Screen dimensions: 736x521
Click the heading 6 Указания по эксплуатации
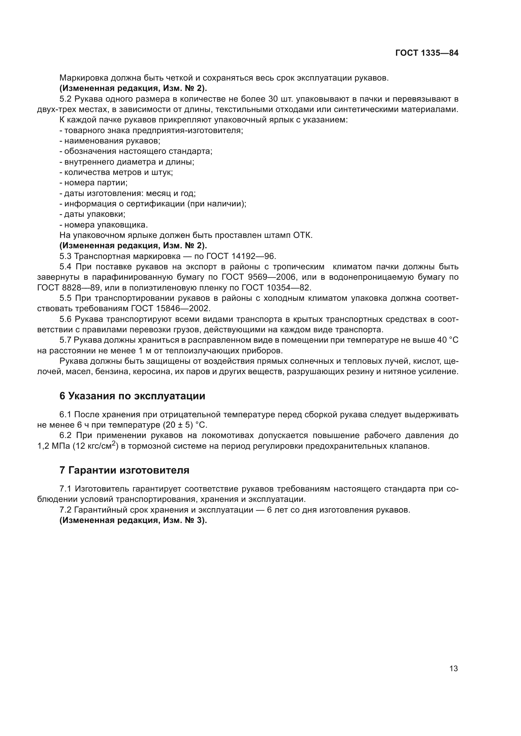(x=132, y=396)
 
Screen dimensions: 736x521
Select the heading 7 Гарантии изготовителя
(x=124, y=470)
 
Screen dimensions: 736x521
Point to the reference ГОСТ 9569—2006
(x=259, y=277)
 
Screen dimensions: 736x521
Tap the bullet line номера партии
(x=94, y=183)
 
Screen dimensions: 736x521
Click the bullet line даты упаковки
(x=93, y=215)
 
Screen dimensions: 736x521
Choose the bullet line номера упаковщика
(x=104, y=225)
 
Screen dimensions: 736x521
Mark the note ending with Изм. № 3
(x=133, y=520)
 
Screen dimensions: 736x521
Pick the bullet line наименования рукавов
(x=110, y=141)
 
